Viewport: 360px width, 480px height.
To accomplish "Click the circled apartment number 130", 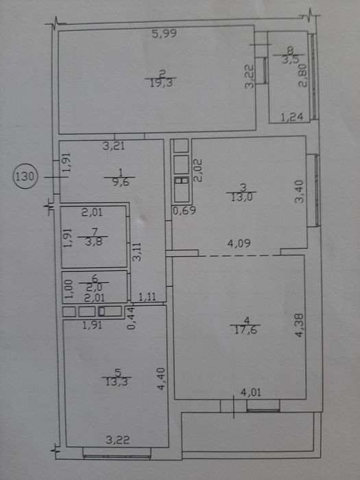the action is coord(25,177).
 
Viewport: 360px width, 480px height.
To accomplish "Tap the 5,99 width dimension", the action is coord(165,34).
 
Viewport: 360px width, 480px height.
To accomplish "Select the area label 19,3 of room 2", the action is coord(161,83).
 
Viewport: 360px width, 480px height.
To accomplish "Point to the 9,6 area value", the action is coord(121,182).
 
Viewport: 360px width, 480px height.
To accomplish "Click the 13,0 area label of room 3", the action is coord(241,197).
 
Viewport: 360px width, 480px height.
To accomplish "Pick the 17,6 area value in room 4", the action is coord(245,330).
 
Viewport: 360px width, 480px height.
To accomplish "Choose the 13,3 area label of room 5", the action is coord(117,382).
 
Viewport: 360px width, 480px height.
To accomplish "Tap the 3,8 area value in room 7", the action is coord(94,241).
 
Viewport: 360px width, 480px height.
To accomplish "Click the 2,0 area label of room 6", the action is coord(94,287).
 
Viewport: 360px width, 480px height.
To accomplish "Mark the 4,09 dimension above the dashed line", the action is coord(239,243).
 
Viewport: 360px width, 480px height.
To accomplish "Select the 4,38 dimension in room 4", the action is coord(300,325).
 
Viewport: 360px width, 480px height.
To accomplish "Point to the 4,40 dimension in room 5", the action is coord(161,379).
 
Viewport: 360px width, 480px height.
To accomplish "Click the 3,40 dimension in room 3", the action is coord(299,191).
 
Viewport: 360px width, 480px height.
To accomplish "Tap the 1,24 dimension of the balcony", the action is coord(292,117).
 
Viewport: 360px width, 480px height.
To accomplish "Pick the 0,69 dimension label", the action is coord(184,211).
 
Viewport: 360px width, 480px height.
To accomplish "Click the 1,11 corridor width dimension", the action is coord(147,296).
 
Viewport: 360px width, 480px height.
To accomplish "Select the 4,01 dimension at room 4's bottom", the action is coord(251,392).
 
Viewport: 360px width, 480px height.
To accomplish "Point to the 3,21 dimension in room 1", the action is coord(114,145).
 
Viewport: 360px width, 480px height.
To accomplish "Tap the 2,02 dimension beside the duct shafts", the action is coord(198,170).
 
